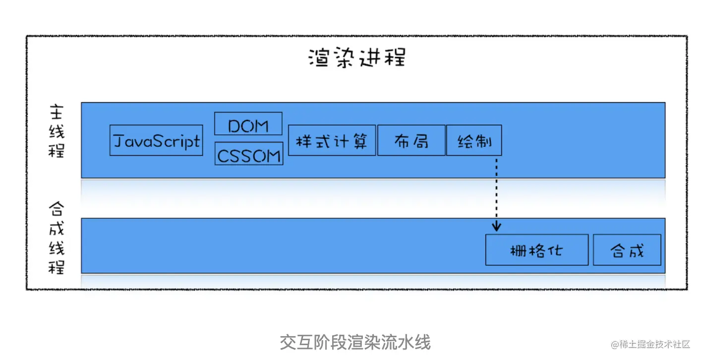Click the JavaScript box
(156, 140)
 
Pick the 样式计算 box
(332, 140)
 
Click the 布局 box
(411, 140)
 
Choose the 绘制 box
(474, 140)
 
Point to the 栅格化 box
(536, 250)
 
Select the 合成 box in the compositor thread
(627, 250)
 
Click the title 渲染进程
(356, 58)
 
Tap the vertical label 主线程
(57, 131)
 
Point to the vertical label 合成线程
(57, 238)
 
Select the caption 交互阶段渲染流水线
(355, 342)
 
